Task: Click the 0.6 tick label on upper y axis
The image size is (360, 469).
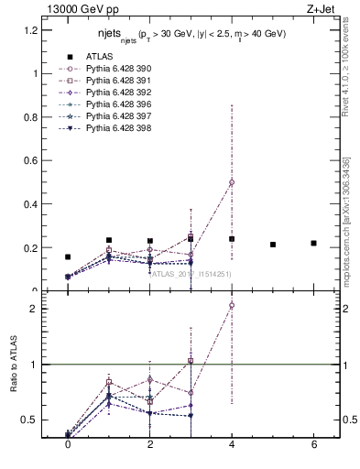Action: point(29,160)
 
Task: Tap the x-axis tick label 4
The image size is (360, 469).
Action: point(232,444)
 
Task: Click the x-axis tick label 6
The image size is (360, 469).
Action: point(313,444)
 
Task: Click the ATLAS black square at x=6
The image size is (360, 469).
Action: point(313,243)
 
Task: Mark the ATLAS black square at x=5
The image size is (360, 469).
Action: point(273,245)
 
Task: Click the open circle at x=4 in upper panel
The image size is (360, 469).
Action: point(232,182)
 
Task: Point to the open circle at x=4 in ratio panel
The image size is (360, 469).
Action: point(232,305)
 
